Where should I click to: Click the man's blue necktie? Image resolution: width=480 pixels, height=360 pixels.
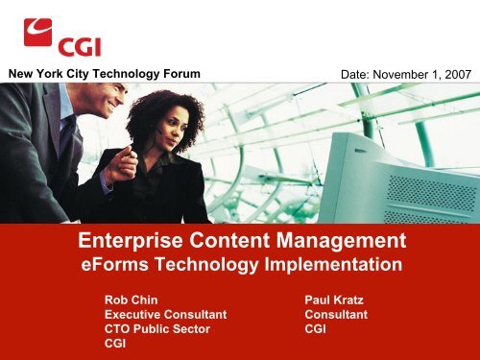(67, 144)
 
